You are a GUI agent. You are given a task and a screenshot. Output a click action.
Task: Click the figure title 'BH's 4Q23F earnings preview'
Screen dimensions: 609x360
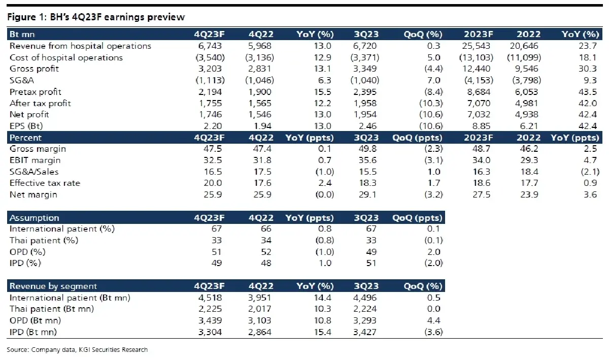click(117, 17)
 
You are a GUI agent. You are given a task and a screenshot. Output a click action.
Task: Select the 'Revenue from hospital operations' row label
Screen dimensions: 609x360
click(80, 46)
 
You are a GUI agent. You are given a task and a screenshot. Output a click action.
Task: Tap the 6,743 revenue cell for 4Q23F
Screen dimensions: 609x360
click(210, 46)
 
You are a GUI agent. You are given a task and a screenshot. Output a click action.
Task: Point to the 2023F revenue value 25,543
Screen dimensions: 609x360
click(476, 46)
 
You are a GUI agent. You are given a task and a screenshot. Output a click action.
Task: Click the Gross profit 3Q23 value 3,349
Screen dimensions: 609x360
click(365, 69)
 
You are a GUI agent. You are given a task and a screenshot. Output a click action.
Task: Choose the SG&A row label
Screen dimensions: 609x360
click(22, 80)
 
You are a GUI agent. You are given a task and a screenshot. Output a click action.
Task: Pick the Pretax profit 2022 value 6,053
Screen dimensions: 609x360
click(526, 92)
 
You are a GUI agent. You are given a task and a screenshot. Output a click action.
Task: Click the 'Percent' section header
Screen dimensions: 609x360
click(25, 138)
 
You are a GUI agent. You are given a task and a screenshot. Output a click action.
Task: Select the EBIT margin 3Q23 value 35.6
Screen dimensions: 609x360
click(367, 160)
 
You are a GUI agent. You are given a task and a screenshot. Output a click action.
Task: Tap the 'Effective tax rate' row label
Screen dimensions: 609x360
click(45, 183)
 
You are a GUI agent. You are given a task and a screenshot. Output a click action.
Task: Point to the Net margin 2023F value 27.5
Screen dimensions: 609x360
click(481, 195)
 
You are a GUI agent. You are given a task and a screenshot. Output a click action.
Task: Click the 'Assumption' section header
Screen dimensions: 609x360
click(35, 218)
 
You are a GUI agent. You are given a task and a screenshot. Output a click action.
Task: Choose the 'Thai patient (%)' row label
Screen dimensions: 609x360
click(44, 241)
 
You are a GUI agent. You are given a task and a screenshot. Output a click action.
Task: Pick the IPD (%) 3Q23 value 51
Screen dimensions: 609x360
click(371, 263)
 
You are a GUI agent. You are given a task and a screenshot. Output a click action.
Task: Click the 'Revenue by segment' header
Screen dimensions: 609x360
click(53, 286)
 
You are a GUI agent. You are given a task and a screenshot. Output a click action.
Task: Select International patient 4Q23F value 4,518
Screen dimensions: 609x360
click(210, 298)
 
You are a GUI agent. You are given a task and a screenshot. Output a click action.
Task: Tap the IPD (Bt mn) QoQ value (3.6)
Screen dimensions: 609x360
click(433, 332)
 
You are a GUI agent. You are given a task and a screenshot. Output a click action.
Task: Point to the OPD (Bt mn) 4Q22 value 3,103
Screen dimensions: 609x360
click(259, 320)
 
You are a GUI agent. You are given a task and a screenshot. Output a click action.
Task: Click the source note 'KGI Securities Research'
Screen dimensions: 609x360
click(113, 350)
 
